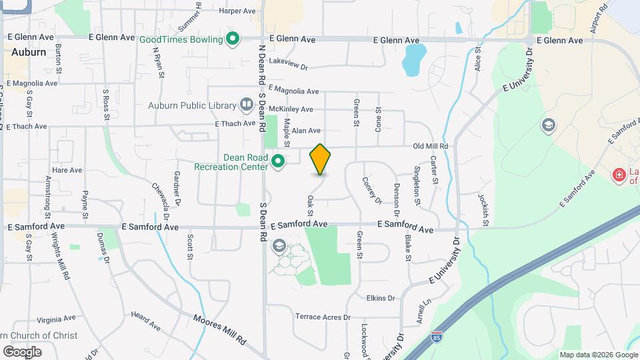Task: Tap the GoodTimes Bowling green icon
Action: pos(232,39)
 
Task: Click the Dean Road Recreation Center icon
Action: pos(278,161)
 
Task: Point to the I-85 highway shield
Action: pos(436,337)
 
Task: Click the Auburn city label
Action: pos(29,51)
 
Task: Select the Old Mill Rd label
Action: pos(430,146)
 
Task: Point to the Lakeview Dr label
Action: pos(290,67)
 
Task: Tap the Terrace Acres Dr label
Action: pos(323,317)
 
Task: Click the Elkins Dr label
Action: pos(381,298)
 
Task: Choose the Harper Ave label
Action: pos(237,11)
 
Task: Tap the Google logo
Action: pos(22,351)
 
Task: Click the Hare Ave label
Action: pos(67,170)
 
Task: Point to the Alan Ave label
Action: pos(306,131)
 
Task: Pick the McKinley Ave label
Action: pos(291,109)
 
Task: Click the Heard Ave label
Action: pos(146,321)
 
